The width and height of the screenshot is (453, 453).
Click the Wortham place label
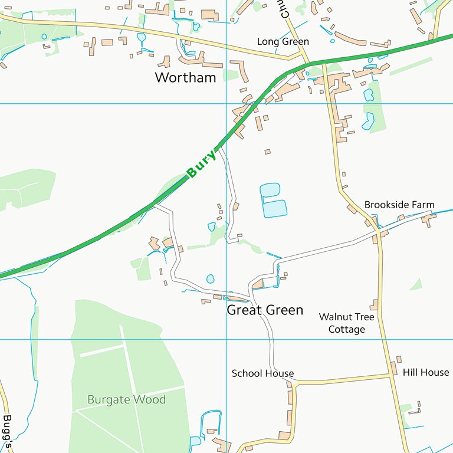pyautogui.click(x=185, y=77)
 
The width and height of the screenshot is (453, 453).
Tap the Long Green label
pyautogui.click(x=283, y=42)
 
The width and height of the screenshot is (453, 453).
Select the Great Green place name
pyautogui.click(x=265, y=310)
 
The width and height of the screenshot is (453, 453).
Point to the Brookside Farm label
pyautogui.click(x=399, y=205)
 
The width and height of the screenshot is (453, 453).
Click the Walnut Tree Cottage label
pyautogui.click(x=346, y=323)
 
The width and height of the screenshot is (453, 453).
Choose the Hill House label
pyautogui.click(x=426, y=372)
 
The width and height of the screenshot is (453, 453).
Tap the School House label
pyautogui.click(x=262, y=373)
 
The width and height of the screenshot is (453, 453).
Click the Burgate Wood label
pyautogui.click(x=126, y=399)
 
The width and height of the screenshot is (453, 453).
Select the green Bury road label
pyautogui.click(x=201, y=165)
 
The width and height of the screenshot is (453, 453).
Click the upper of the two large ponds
pyautogui.click(x=270, y=191)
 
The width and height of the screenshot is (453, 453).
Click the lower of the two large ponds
pyautogui.click(x=275, y=208)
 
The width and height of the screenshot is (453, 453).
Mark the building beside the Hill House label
pyautogui.click(x=393, y=369)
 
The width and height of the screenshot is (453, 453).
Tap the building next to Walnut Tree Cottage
pyautogui.click(x=373, y=304)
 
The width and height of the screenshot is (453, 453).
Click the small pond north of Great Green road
pyautogui.click(x=210, y=278)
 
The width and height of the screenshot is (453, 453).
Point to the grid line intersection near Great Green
pyautogui.click(x=227, y=339)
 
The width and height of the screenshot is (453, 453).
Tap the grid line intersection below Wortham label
pyautogui.click(x=227, y=103)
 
